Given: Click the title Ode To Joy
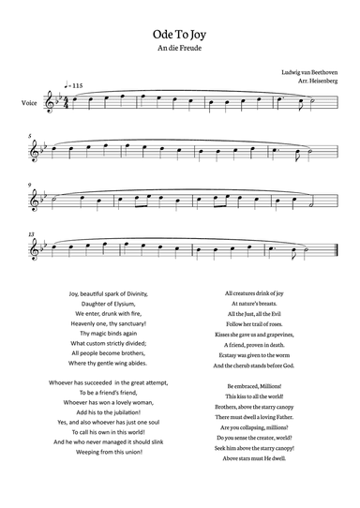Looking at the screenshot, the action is point(180,31).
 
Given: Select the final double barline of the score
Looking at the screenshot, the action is point(335,251).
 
